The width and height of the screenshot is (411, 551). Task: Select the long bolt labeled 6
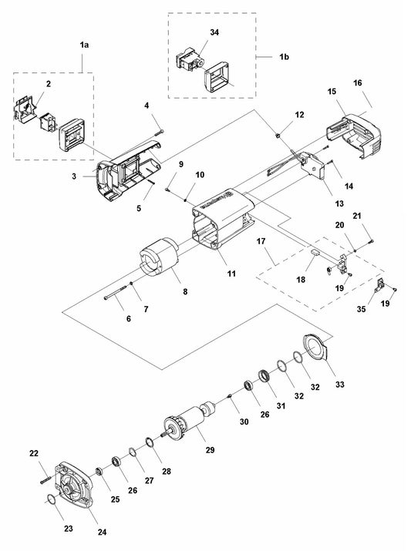(116, 294)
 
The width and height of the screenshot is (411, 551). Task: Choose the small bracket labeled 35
(378, 287)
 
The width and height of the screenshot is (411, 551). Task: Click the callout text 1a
(84, 45)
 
